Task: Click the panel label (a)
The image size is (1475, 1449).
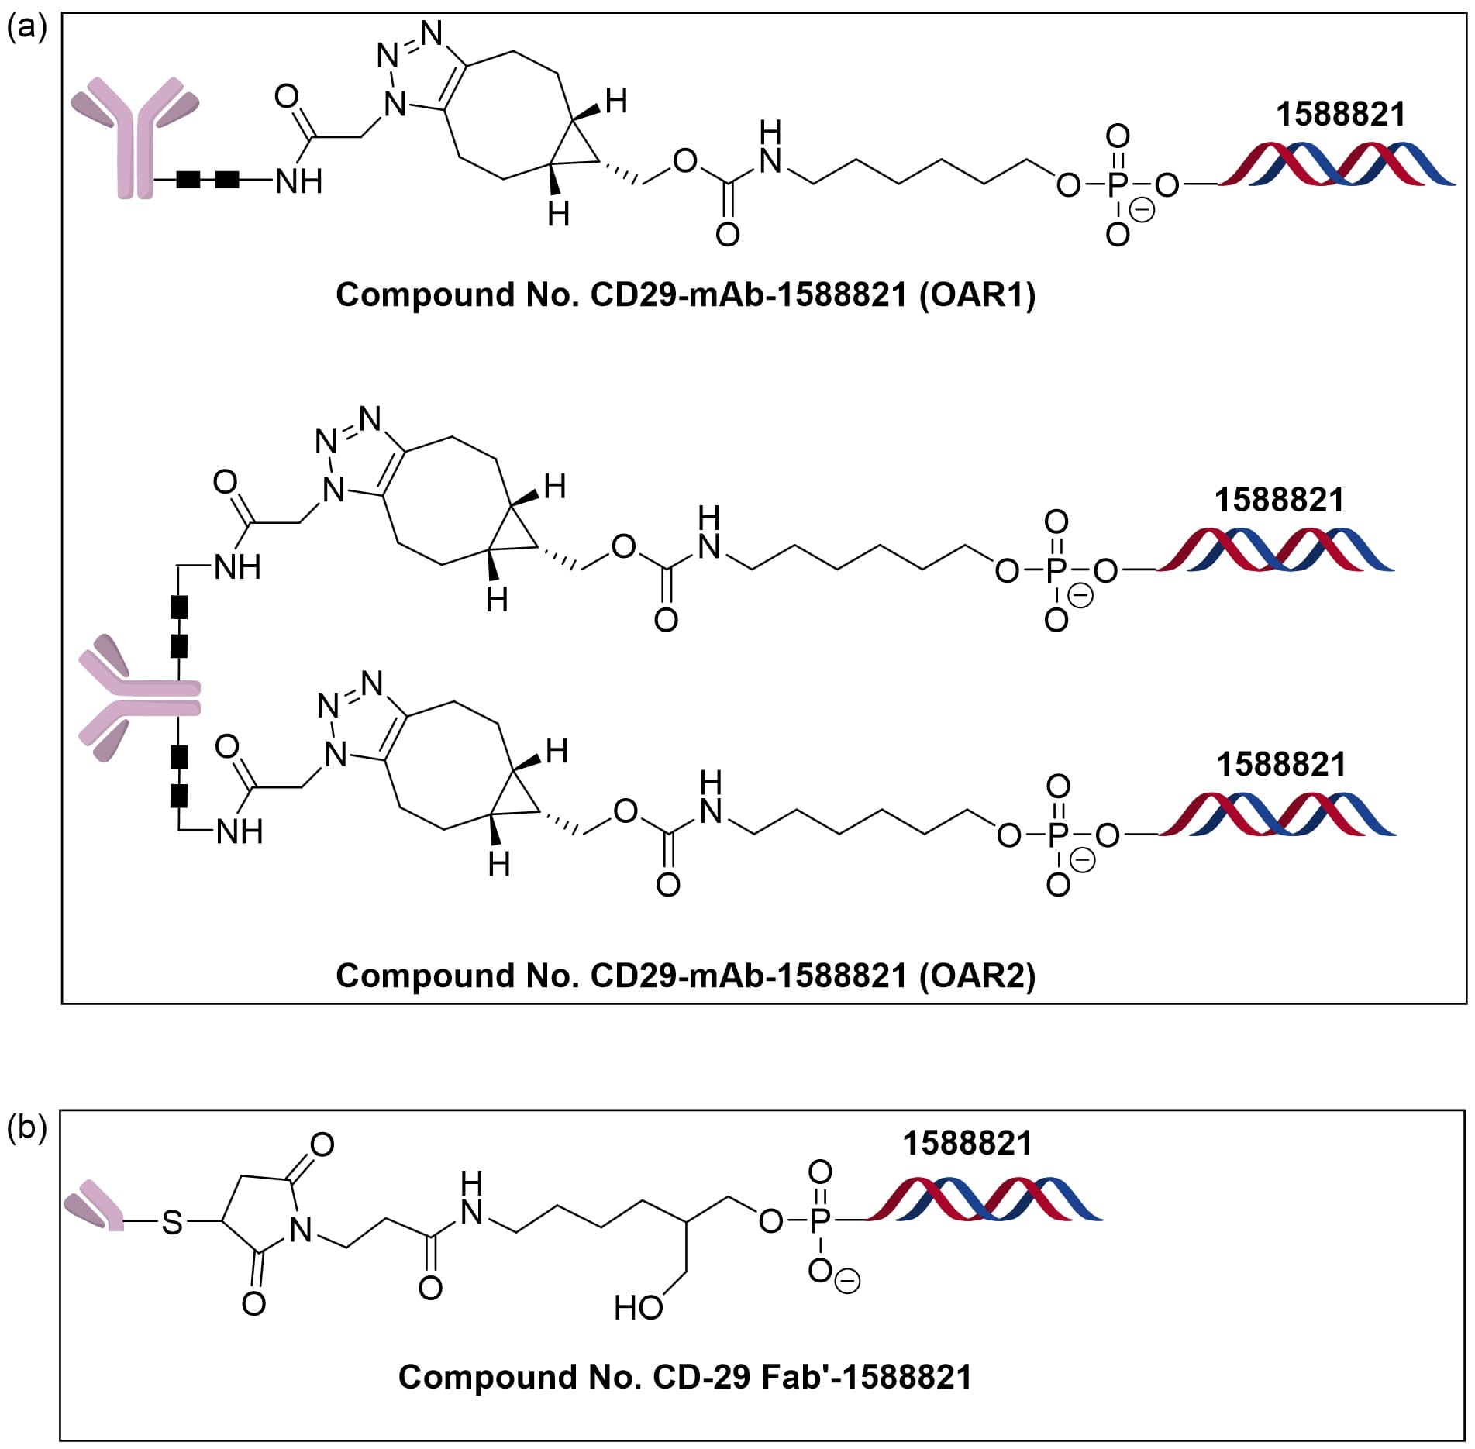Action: (26, 29)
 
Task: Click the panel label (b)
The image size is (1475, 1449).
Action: (26, 1128)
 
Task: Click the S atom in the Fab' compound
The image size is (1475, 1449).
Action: (172, 1223)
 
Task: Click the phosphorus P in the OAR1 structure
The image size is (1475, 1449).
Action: (1117, 185)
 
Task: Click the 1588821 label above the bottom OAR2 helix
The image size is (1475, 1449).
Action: (1280, 765)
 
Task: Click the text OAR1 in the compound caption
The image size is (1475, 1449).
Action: (977, 295)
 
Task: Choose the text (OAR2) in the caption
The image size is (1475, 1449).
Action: (977, 976)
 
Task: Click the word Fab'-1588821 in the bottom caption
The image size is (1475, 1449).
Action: (867, 1377)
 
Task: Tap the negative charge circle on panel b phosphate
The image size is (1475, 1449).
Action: (849, 1282)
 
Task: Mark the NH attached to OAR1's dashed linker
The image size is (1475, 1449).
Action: (298, 182)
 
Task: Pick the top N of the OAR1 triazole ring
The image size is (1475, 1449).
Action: (433, 33)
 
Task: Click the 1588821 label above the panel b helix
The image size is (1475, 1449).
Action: (967, 1144)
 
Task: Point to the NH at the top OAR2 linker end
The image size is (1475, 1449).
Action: (237, 568)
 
